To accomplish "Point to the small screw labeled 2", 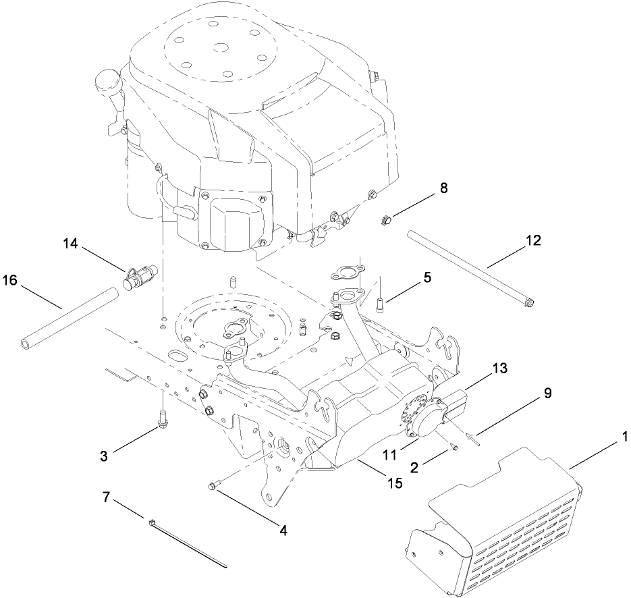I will click(x=454, y=446).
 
